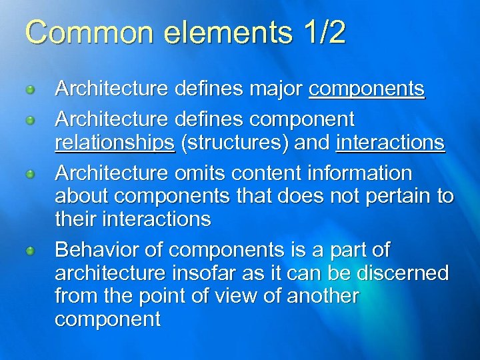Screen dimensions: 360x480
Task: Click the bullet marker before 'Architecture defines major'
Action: [x=29, y=89]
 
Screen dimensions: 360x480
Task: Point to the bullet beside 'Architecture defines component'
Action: [x=29, y=121]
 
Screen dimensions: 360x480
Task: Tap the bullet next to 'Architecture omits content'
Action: [x=29, y=174]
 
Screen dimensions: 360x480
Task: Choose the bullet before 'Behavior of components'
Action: [x=29, y=251]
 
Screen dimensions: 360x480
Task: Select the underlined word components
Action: [x=367, y=89]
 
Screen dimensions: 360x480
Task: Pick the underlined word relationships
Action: [x=115, y=143]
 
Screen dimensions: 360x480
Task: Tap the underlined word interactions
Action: [x=391, y=143]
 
